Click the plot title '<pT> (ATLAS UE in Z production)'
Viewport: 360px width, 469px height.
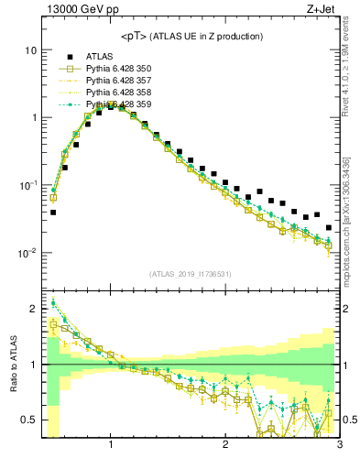tap(191, 36)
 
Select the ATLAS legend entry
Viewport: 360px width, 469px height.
tap(98, 56)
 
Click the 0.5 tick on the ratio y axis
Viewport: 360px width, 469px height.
tap(29, 420)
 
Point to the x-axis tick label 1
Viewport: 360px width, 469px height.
tap(111, 446)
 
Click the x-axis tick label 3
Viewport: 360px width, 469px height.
tap(339, 446)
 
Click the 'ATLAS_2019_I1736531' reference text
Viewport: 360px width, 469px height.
tap(191, 273)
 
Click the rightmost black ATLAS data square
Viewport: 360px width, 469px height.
tap(328, 227)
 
